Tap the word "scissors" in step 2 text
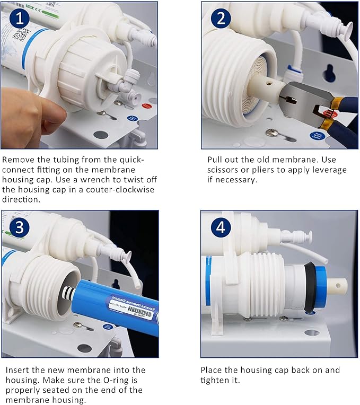click(222, 170)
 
